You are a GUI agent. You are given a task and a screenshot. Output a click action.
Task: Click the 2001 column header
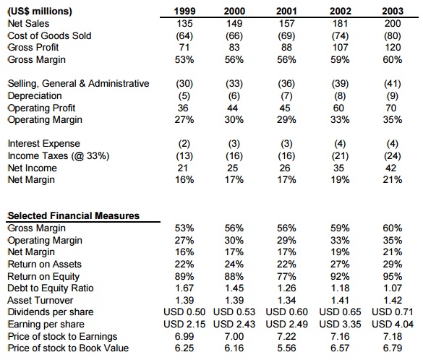coord(286,11)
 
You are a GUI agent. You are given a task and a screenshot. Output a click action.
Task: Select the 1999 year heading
coord(184,11)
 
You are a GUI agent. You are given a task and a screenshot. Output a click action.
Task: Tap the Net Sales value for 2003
coord(393,23)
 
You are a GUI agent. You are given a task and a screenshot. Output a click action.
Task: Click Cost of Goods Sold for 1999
coord(184,36)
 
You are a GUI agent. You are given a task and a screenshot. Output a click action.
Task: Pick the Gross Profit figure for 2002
coord(340,48)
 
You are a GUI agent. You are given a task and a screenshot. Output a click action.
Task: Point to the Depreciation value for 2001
coord(286,96)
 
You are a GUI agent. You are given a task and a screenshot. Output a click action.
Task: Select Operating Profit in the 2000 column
coord(233,108)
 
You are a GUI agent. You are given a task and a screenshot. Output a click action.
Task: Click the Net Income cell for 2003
coord(391,168)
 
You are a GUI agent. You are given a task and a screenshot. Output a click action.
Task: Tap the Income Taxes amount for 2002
coord(340,156)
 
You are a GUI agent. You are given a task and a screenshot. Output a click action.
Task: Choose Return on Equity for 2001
coord(286,276)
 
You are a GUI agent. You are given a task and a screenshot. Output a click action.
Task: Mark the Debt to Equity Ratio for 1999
coord(184,288)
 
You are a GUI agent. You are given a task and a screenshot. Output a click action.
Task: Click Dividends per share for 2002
coord(340,312)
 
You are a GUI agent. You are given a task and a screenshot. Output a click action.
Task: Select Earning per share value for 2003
coord(393,324)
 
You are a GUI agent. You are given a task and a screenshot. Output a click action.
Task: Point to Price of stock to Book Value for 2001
coord(286,348)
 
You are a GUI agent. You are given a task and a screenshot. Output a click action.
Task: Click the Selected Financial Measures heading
coord(73,215)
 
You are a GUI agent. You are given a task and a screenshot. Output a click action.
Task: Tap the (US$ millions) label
coord(40,12)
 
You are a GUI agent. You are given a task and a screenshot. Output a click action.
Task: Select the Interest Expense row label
coord(43,143)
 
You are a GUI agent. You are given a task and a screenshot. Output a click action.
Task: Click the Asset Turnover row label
coord(40,300)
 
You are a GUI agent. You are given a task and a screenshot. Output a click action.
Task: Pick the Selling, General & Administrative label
coord(78,84)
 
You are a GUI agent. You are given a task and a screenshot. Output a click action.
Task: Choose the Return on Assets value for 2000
coord(234,265)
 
